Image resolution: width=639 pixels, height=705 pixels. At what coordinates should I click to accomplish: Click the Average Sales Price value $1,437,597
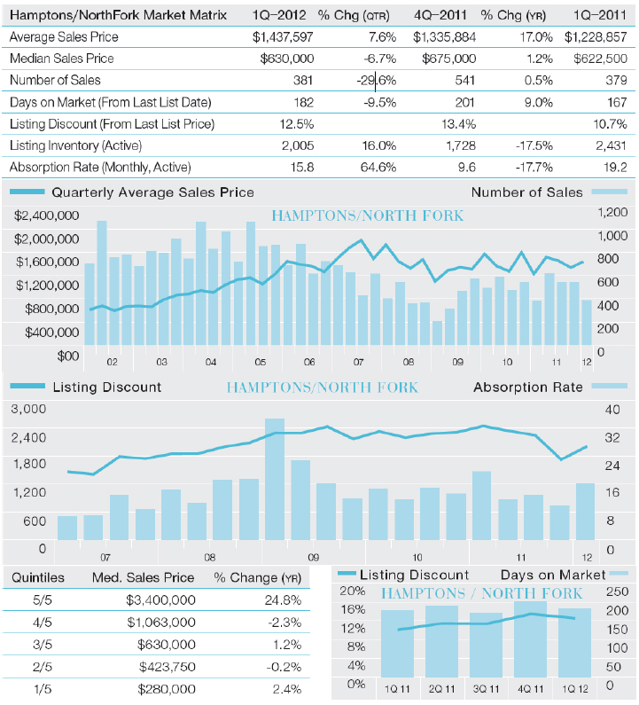click(x=283, y=37)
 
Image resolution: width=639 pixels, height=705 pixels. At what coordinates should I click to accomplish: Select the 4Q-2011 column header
click(x=440, y=15)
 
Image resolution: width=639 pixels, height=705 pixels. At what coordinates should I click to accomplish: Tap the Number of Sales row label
click(x=55, y=80)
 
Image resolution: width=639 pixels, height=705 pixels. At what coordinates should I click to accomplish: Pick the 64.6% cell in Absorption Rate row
click(x=378, y=168)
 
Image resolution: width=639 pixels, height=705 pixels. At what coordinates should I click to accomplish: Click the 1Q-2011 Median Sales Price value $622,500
click(x=600, y=59)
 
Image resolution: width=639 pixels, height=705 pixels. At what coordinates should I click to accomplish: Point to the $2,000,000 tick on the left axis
click(x=46, y=239)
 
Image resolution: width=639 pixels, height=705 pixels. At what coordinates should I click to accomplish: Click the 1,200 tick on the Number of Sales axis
click(x=612, y=212)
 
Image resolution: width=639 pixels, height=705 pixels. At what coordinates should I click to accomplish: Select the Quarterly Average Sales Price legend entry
click(x=152, y=192)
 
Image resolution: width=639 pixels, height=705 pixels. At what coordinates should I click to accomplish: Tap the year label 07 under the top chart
click(x=358, y=362)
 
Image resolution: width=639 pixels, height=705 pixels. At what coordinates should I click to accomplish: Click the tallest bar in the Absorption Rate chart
click(x=275, y=479)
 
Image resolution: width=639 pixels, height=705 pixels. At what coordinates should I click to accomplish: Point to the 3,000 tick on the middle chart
click(x=28, y=409)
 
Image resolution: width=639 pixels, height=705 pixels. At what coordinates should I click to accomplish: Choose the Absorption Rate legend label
click(x=528, y=388)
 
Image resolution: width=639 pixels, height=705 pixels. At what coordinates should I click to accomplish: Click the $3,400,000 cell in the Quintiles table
click(x=160, y=600)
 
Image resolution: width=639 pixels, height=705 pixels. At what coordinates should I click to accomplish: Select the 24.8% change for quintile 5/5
click(x=283, y=600)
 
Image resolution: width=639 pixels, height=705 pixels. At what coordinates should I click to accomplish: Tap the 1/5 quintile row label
click(x=43, y=689)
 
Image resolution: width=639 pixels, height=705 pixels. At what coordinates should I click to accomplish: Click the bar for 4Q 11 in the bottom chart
click(x=530, y=639)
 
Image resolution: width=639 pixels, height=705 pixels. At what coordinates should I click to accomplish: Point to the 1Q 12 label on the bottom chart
click(x=574, y=689)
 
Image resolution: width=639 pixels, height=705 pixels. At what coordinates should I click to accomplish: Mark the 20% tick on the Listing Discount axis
click(x=353, y=591)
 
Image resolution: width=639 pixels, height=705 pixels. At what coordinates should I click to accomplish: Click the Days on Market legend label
click(x=553, y=575)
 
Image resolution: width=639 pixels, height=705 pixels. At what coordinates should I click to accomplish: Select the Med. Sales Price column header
click(x=143, y=577)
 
